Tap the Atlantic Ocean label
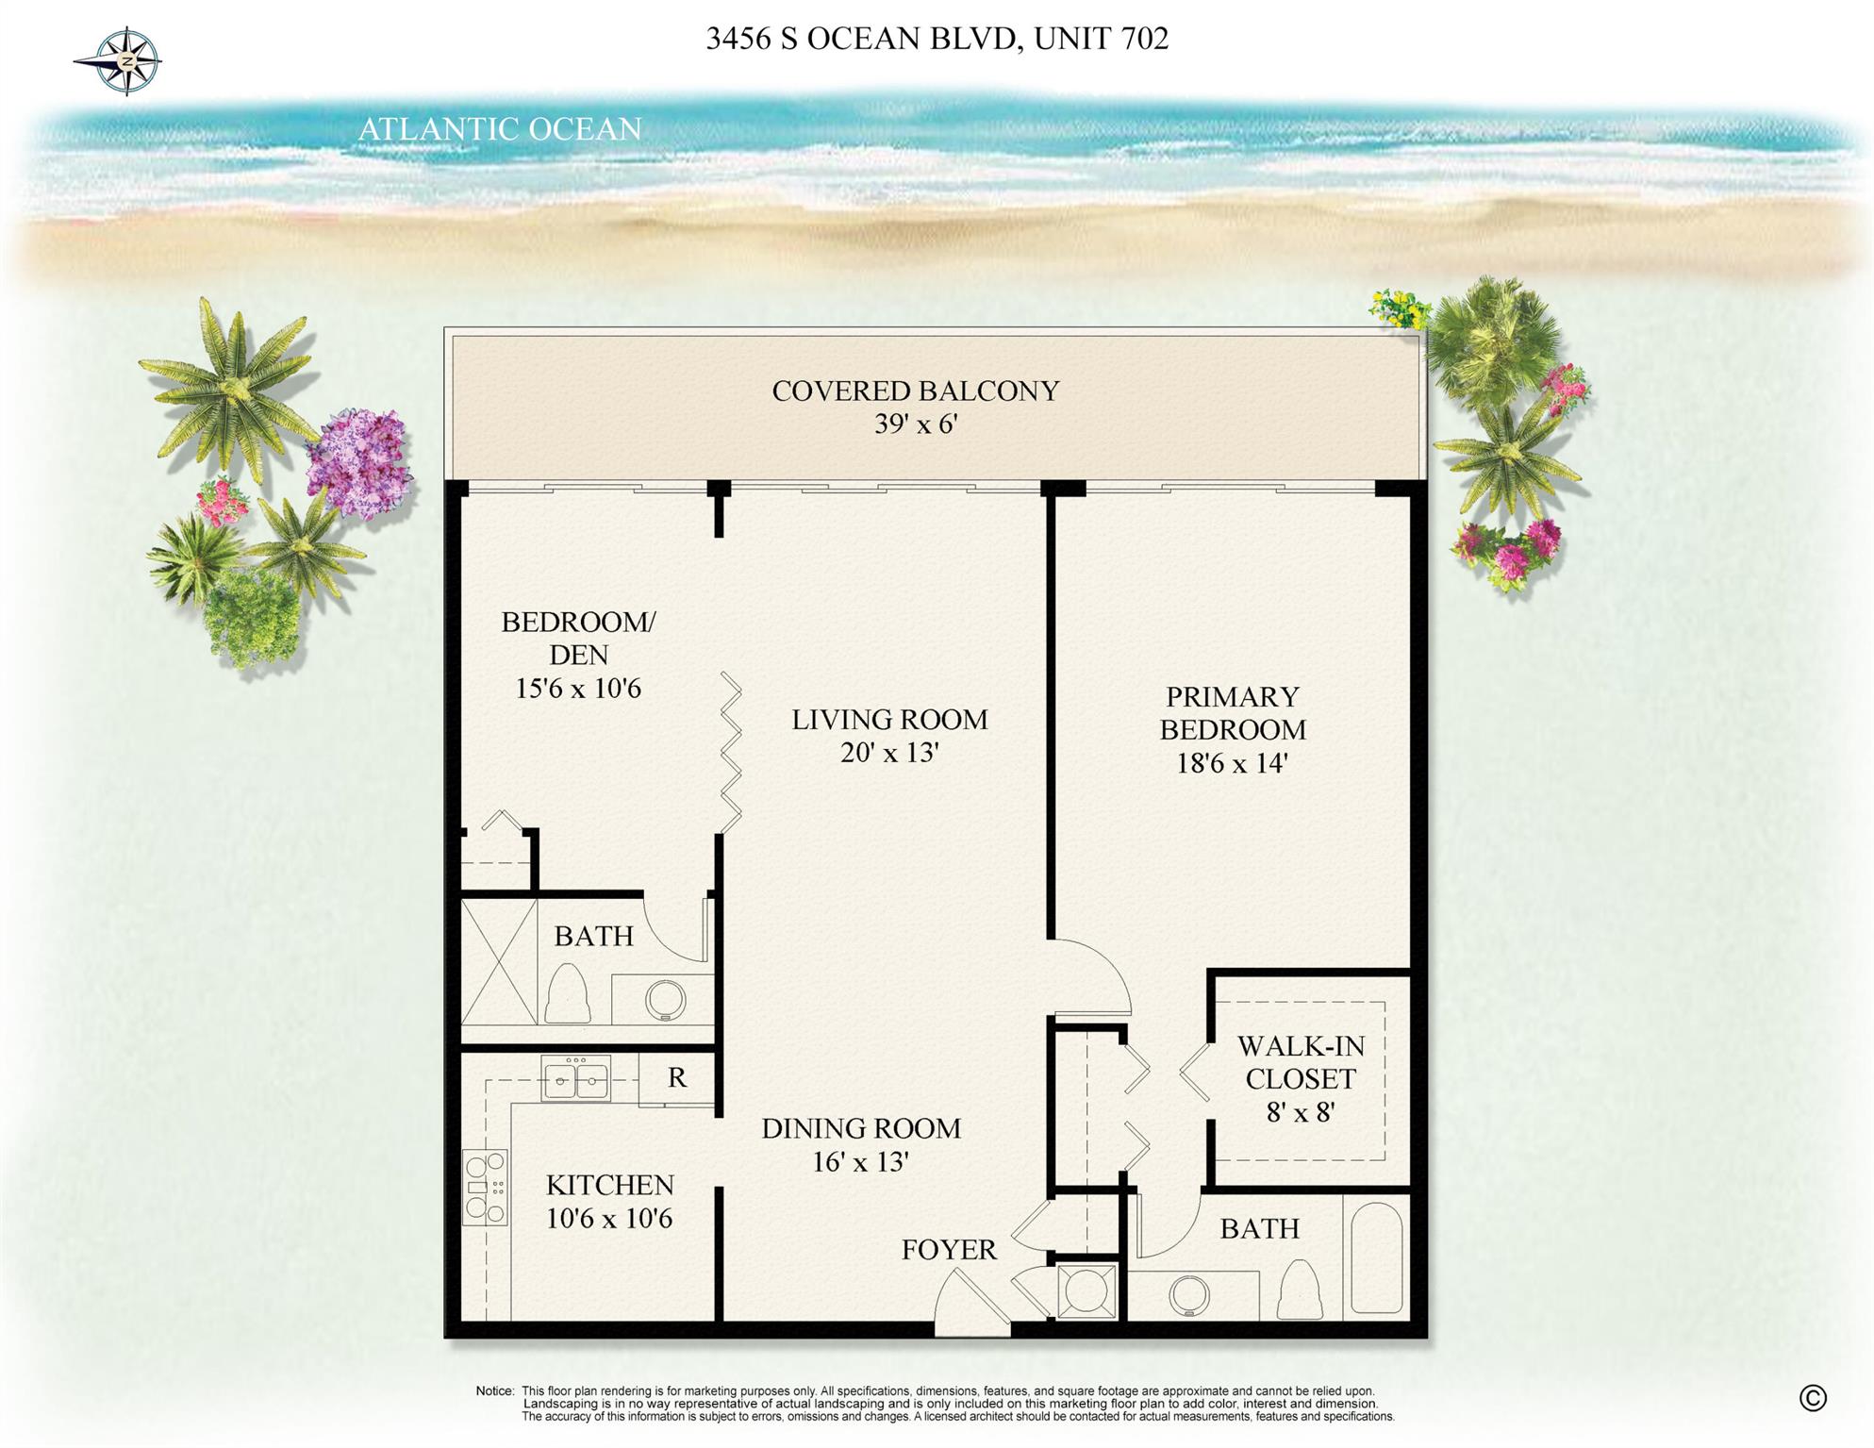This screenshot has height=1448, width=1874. [x=500, y=129]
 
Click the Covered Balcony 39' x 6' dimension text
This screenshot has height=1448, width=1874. [x=915, y=424]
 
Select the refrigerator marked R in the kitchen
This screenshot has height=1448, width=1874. [x=676, y=1078]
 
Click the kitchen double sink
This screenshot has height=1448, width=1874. [x=575, y=1078]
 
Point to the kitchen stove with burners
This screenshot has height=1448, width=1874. [x=485, y=1187]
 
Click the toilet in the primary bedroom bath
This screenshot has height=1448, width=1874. [x=1300, y=1290]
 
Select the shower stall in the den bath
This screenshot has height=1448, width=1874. [x=498, y=960]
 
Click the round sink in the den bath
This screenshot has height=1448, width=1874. [x=665, y=1000]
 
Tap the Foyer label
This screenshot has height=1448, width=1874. [x=948, y=1250]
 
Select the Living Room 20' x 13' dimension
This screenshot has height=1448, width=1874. [x=889, y=753]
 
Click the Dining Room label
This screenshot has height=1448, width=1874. [x=861, y=1128]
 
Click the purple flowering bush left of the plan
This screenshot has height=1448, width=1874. [x=360, y=462]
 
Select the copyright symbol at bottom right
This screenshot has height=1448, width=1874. [x=1812, y=1398]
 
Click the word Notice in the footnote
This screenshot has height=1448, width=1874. [x=494, y=1391]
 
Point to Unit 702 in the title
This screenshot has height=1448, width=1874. [x=1101, y=39]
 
